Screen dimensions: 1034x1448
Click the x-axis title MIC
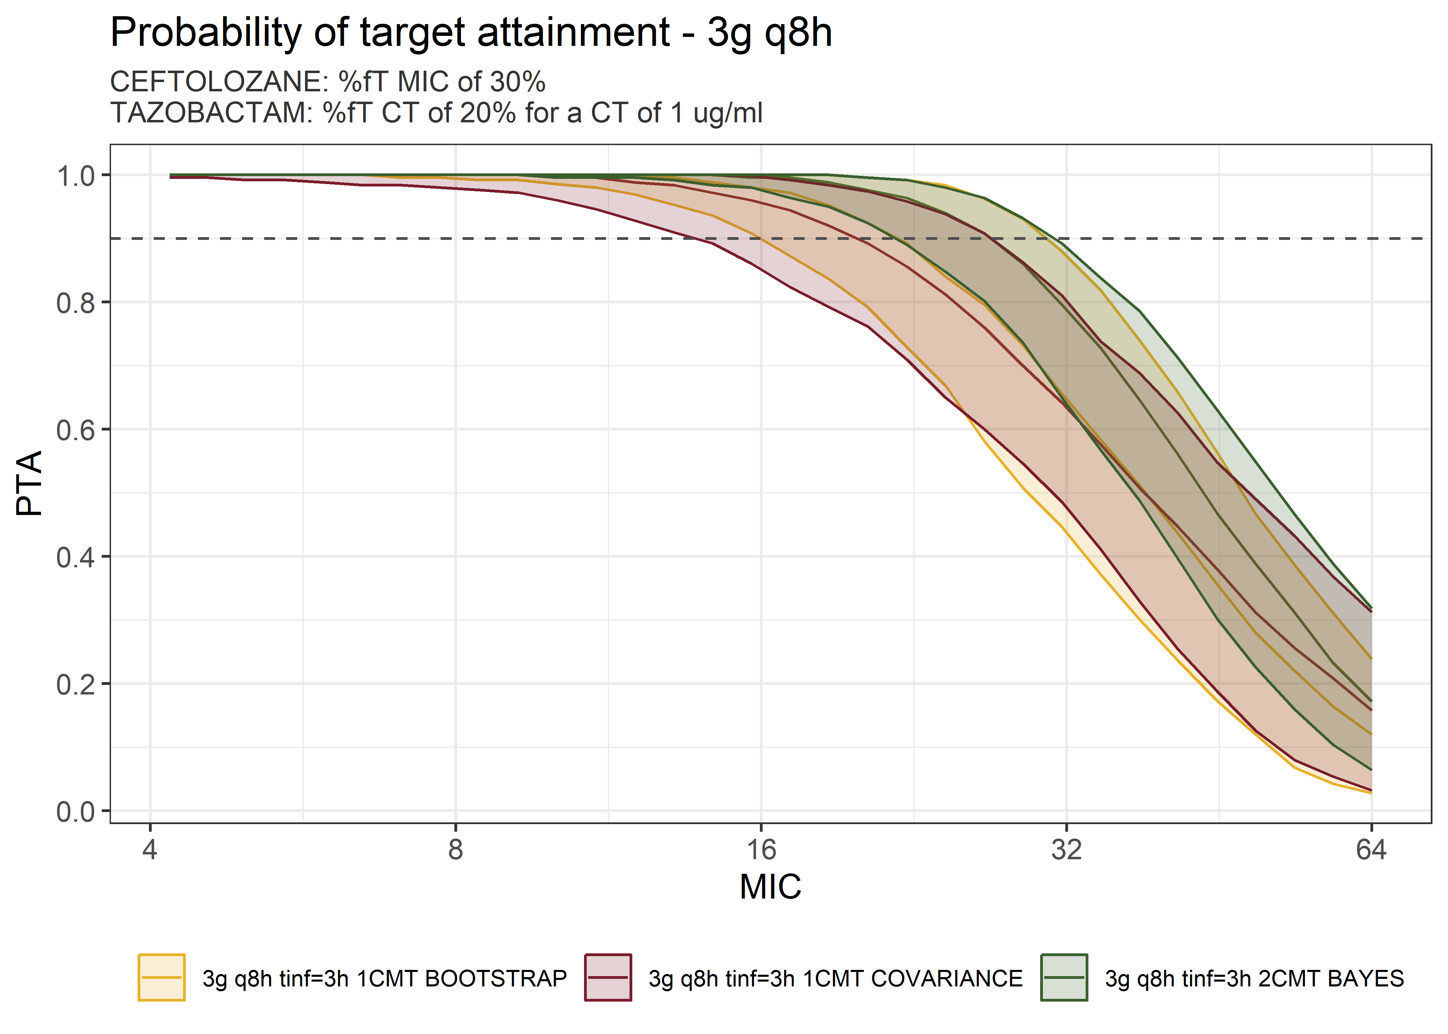pos(771,886)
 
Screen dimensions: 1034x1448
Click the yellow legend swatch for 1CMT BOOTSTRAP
pos(162,977)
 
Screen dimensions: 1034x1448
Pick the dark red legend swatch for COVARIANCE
pos(608,977)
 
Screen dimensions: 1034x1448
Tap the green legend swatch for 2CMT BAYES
pos(1064,977)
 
